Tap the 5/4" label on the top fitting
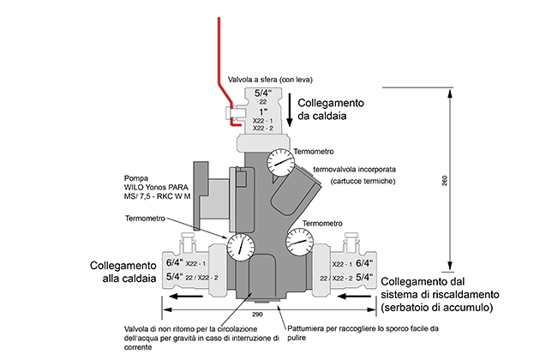tap(261, 94)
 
